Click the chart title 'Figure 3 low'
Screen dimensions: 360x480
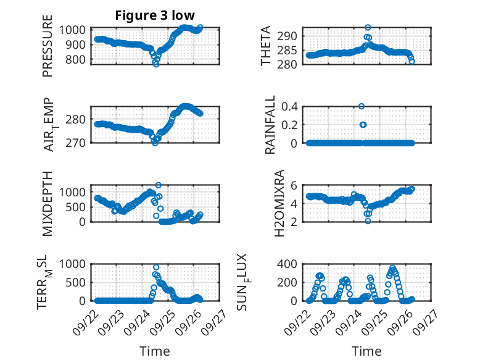coord(155,15)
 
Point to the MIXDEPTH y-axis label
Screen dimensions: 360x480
coord(48,204)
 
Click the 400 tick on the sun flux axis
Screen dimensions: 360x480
coord(290,264)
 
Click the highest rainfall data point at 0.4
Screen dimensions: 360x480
coord(362,106)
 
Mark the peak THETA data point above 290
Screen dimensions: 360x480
coord(368,27)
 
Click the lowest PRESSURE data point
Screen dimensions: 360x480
coord(156,64)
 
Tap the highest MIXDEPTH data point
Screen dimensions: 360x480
coord(159,185)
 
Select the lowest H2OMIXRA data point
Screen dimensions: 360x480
coord(368,220)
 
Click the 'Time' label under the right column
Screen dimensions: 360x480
coord(366,351)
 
